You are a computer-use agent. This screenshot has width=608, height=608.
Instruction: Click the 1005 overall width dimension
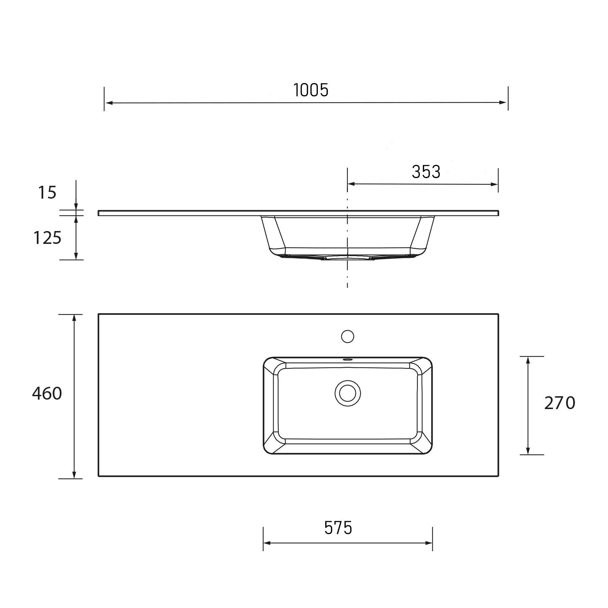point(311,90)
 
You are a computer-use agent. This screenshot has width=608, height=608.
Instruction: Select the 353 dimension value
point(426,172)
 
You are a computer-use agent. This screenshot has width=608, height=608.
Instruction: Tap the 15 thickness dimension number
point(47,193)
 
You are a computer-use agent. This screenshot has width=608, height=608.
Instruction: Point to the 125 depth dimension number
point(47,238)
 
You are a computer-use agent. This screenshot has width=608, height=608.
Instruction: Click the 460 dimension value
point(47,394)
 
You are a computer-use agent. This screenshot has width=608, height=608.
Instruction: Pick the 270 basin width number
point(560,403)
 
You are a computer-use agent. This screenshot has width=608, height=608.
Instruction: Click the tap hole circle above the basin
point(348,336)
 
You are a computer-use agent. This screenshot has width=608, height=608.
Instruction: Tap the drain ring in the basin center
point(348,393)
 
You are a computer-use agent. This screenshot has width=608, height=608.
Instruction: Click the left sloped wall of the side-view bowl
point(273,233)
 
